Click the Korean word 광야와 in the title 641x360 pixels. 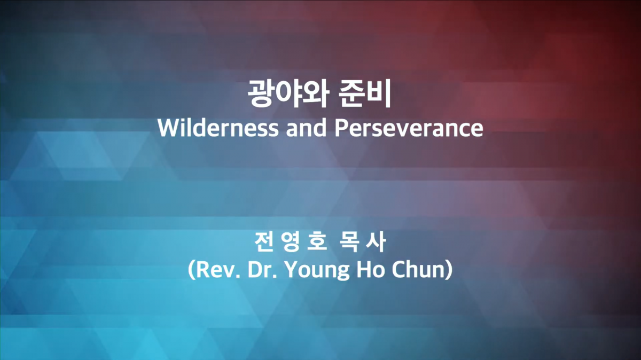point(288,93)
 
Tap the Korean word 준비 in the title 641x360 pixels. point(364,93)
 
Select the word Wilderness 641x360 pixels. point(218,128)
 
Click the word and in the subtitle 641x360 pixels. point(306,128)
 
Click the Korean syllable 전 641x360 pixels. point(263,242)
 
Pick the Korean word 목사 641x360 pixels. point(362,242)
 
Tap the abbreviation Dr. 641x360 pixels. point(262,270)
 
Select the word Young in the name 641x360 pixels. point(318,271)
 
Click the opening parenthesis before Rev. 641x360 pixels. point(192,270)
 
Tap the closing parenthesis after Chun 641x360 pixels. point(449,270)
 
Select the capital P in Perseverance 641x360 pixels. point(341,128)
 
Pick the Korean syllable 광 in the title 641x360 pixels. point(261,93)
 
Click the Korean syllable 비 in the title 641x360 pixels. point(378,93)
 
